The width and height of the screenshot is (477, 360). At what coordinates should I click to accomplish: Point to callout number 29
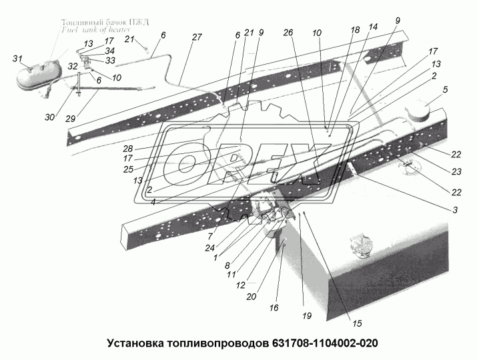click(x=71, y=118)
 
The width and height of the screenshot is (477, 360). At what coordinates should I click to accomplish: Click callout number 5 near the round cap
click(x=446, y=89)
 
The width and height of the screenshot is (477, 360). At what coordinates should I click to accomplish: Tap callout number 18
click(x=355, y=30)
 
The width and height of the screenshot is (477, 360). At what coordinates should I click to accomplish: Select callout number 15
click(x=358, y=324)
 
